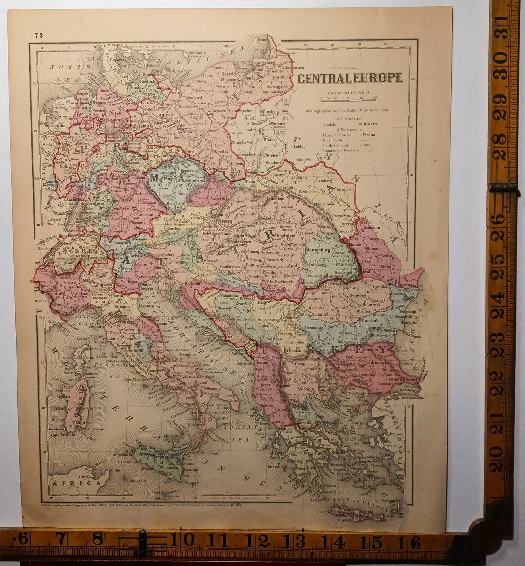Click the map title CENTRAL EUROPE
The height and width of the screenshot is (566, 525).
350,78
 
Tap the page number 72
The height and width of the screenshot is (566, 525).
39,35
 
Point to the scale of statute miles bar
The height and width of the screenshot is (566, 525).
350,100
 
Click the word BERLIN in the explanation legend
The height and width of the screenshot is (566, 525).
370,124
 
